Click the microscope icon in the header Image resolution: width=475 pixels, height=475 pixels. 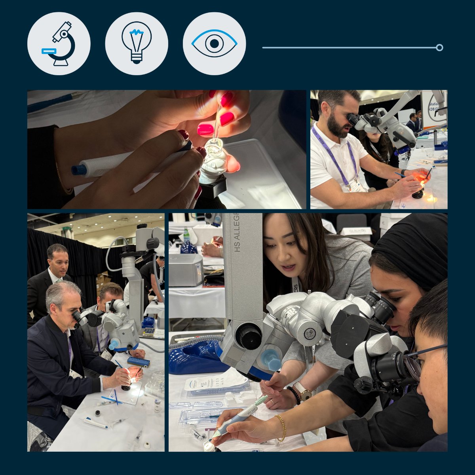[x=59, y=44]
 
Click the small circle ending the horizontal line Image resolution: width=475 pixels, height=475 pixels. [x=439, y=47]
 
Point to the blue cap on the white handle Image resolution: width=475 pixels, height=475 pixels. [x=78, y=170]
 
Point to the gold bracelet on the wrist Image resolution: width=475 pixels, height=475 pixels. [x=281, y=427]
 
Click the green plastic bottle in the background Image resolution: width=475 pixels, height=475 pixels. [x=186, y=235]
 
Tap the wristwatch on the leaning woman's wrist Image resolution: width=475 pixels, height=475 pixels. [x=304, y=392]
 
